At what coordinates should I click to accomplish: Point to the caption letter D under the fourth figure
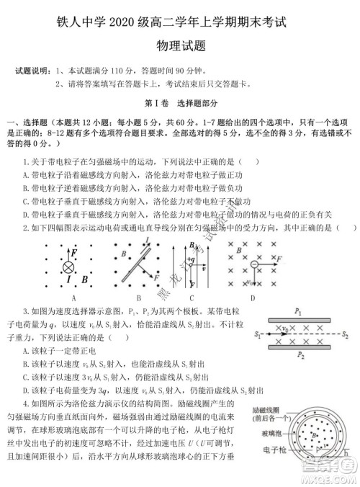coord(252,296)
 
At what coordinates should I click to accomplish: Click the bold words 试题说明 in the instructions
coord(31,71)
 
